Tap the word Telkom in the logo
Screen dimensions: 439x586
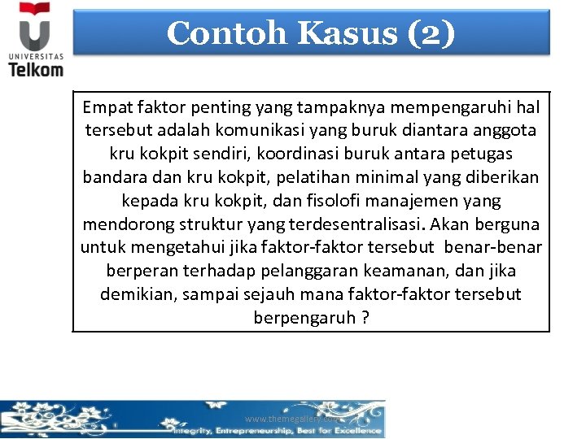click(36, 69)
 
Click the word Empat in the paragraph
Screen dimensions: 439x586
click(108, 106)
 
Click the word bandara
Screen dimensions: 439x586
click(114, 176)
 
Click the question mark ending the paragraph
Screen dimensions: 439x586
click(365, 318)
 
